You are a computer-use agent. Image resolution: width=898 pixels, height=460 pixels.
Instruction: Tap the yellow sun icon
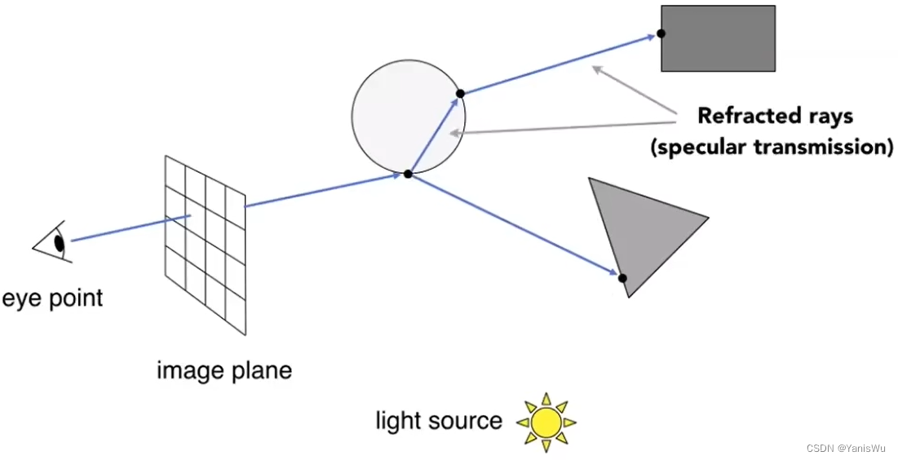546,422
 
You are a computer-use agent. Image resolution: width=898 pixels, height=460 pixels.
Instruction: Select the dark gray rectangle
718,38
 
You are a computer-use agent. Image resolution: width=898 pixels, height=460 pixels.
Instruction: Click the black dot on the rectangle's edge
661,33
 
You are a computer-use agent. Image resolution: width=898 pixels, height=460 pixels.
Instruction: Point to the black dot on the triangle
622,278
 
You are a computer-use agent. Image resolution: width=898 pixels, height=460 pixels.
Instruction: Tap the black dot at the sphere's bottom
408,173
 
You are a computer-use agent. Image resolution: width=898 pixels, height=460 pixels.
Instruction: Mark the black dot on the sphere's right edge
460,94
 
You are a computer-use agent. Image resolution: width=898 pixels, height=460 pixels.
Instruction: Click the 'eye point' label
52,299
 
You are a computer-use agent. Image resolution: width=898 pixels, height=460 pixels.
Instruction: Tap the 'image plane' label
223,371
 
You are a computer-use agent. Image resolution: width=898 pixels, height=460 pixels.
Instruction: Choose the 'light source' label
438,421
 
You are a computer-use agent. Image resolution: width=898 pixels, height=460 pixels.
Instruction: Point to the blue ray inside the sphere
432,135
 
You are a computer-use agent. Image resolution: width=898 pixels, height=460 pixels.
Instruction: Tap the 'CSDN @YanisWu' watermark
848,449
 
